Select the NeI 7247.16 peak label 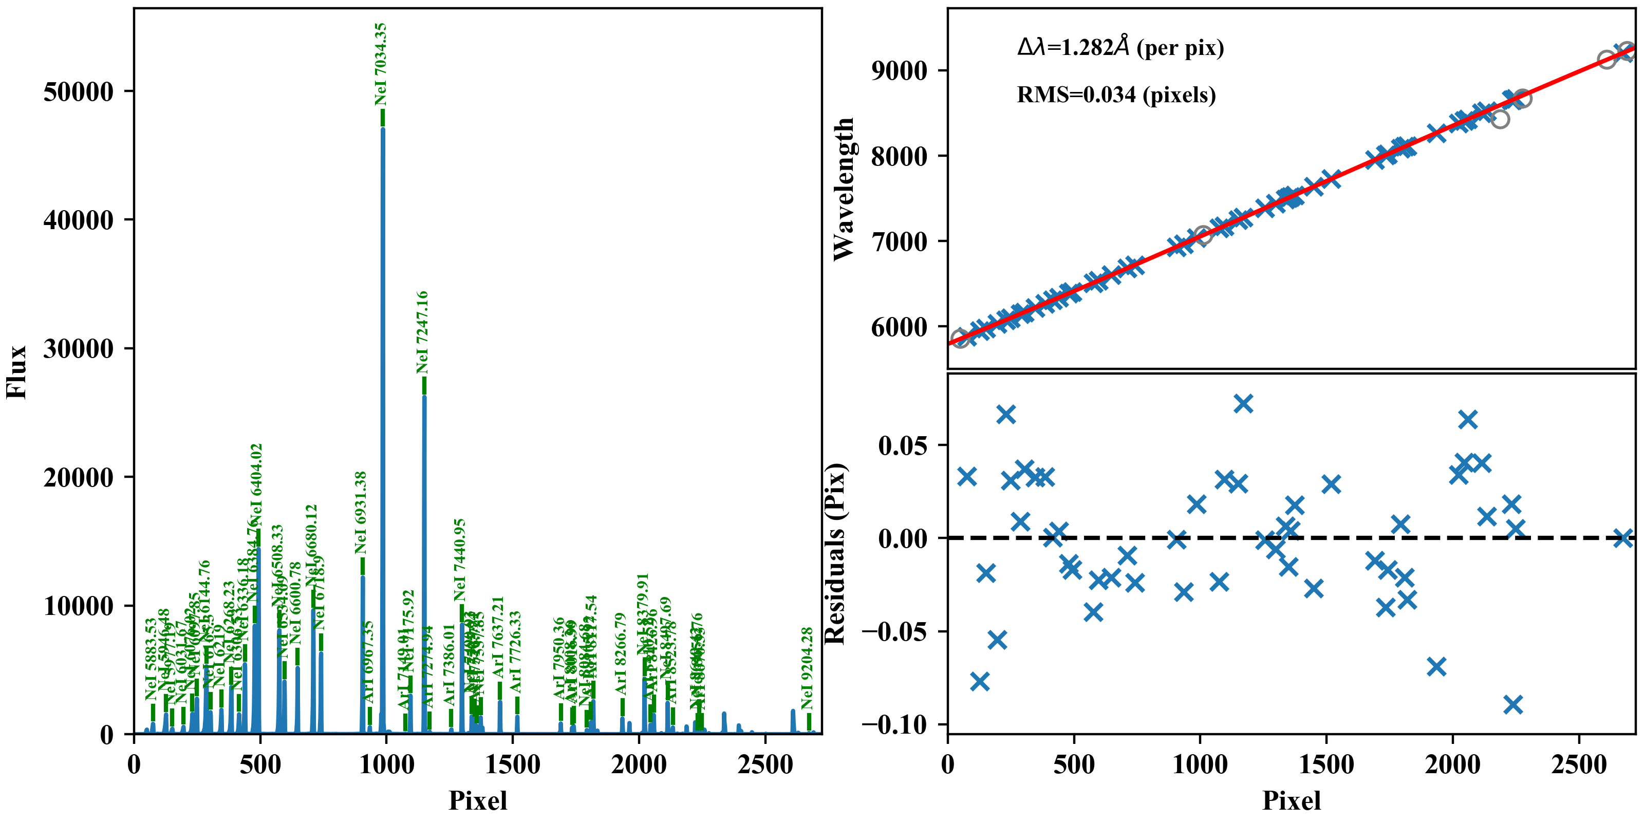tap(422, 332)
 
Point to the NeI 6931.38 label tap(361, 513)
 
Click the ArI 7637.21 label tap(498, 638)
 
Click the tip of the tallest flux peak tap(383, 128)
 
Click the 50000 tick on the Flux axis tap(78, 92)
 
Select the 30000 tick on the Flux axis tap(78, 349)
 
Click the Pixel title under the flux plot tap(478, 800)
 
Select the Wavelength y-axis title tap(844, 189)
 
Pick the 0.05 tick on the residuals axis tap(903, 445)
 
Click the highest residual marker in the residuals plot tap(1243, 403)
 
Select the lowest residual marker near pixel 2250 tap(1512, 704)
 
